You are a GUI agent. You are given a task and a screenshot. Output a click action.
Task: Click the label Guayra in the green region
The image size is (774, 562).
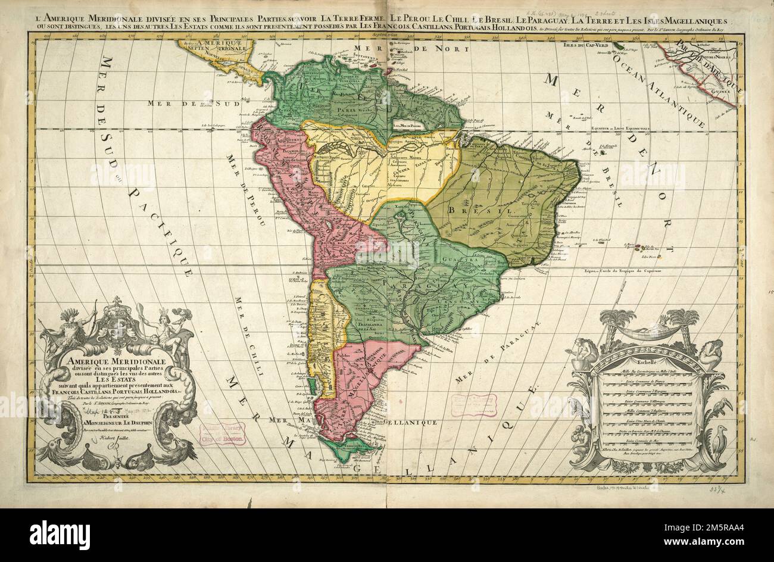[455, 259]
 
